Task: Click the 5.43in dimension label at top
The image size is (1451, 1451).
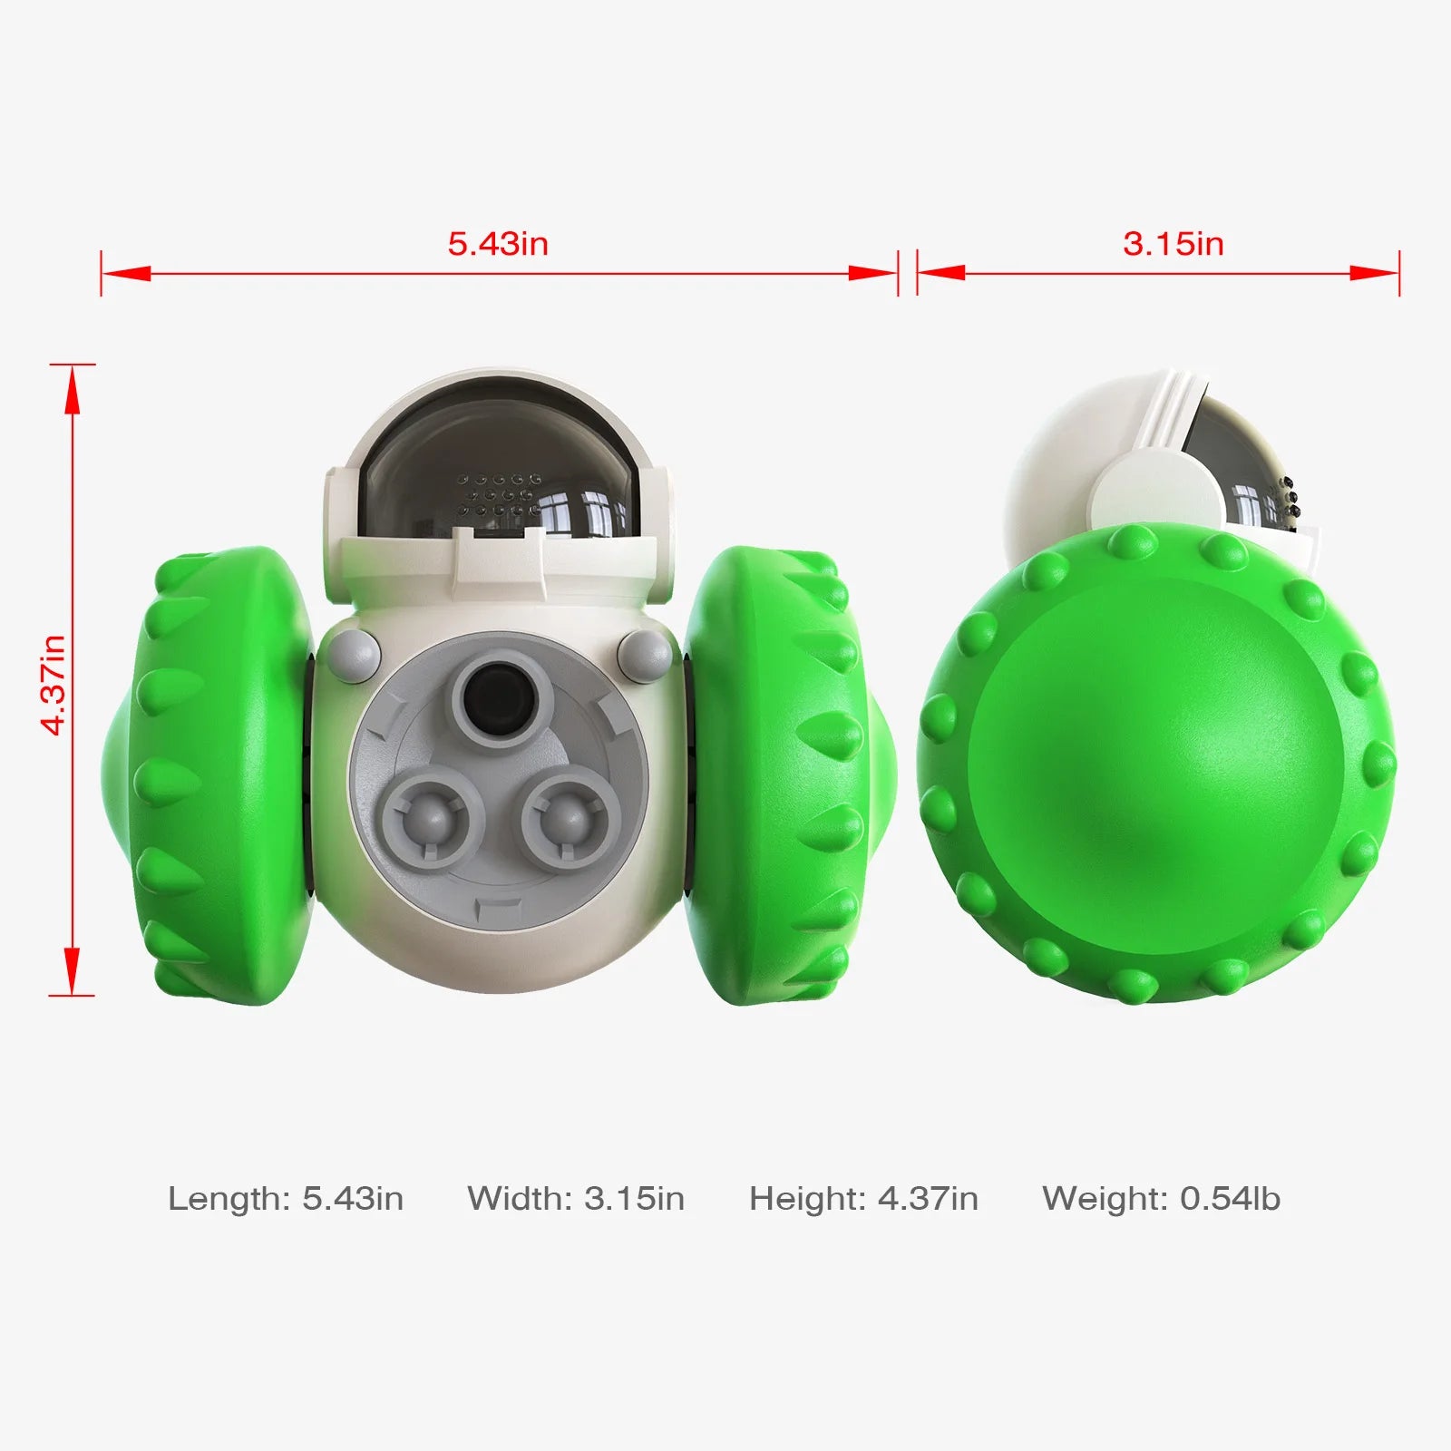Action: (x=498, y=243)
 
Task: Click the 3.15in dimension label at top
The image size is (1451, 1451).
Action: (x=1173, y=243)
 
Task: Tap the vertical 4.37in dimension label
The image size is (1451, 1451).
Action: (x=53, y=685)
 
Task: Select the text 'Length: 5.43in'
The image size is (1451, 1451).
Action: (x=286, y=1199)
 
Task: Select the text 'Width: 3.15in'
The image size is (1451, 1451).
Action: (x=576, y=1199)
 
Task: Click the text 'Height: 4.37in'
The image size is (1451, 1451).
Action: (x=863, y=1199)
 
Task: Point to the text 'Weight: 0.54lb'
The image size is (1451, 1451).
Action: (x=1161, y=1199)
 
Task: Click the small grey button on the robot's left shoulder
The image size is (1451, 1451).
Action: (x=354, y=653)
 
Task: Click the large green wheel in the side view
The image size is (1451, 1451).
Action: (x=1156, y=766)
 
